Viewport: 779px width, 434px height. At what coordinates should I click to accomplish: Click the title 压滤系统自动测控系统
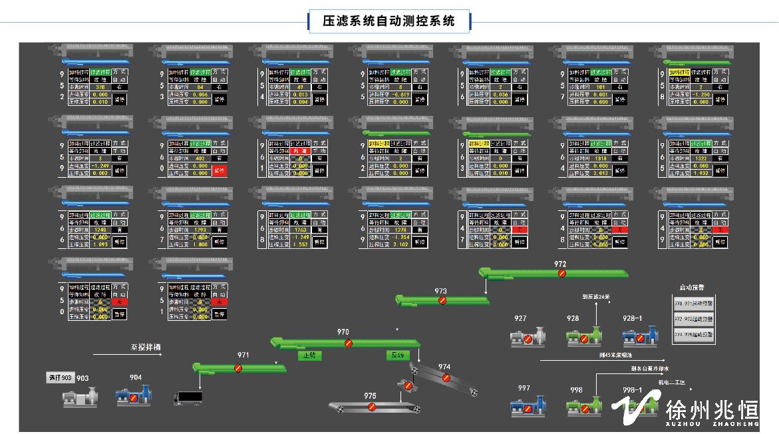(389, 21)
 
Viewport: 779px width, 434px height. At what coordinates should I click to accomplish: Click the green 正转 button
(309, 355)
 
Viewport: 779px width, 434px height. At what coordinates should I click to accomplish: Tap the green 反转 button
(397, 355)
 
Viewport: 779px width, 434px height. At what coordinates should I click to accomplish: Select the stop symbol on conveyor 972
(562, 273)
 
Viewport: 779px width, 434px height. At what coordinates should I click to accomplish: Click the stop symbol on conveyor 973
(442, 300)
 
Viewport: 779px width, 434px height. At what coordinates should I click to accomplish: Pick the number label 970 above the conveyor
(343, 331)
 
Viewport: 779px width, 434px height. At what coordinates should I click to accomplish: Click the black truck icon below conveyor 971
(188, 398)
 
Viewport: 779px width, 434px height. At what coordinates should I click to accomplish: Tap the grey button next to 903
(60, 378)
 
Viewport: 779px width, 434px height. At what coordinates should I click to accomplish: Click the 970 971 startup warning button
(693, 304)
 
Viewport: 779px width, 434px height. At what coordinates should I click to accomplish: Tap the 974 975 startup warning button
(693, 335)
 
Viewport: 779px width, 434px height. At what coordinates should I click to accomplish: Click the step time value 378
(100, 87)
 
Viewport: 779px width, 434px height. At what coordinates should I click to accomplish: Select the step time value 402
(200, 158)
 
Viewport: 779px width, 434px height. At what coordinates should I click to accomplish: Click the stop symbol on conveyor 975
(372, 406)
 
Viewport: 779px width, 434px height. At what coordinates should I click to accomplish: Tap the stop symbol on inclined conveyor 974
(446, 377)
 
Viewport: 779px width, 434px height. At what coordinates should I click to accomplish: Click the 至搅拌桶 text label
(145, 347)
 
